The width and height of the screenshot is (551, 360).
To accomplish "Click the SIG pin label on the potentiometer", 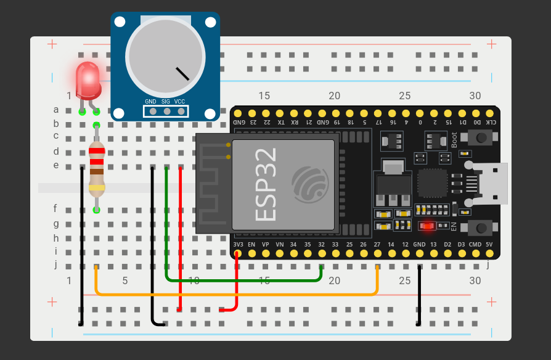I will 166,101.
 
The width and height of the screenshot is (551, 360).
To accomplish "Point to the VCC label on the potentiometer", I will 179,101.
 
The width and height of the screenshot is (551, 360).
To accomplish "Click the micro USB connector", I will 490,184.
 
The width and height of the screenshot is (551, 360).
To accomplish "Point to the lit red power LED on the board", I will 427,226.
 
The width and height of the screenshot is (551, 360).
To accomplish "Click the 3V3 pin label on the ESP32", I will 238,245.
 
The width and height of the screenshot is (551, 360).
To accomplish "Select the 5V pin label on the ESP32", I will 489,245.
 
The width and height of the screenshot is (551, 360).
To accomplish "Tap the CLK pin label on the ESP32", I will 489,122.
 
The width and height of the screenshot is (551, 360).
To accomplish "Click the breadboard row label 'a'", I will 56,110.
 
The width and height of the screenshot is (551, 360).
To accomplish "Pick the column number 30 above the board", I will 475,96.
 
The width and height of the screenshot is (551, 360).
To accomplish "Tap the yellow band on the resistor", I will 96,187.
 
